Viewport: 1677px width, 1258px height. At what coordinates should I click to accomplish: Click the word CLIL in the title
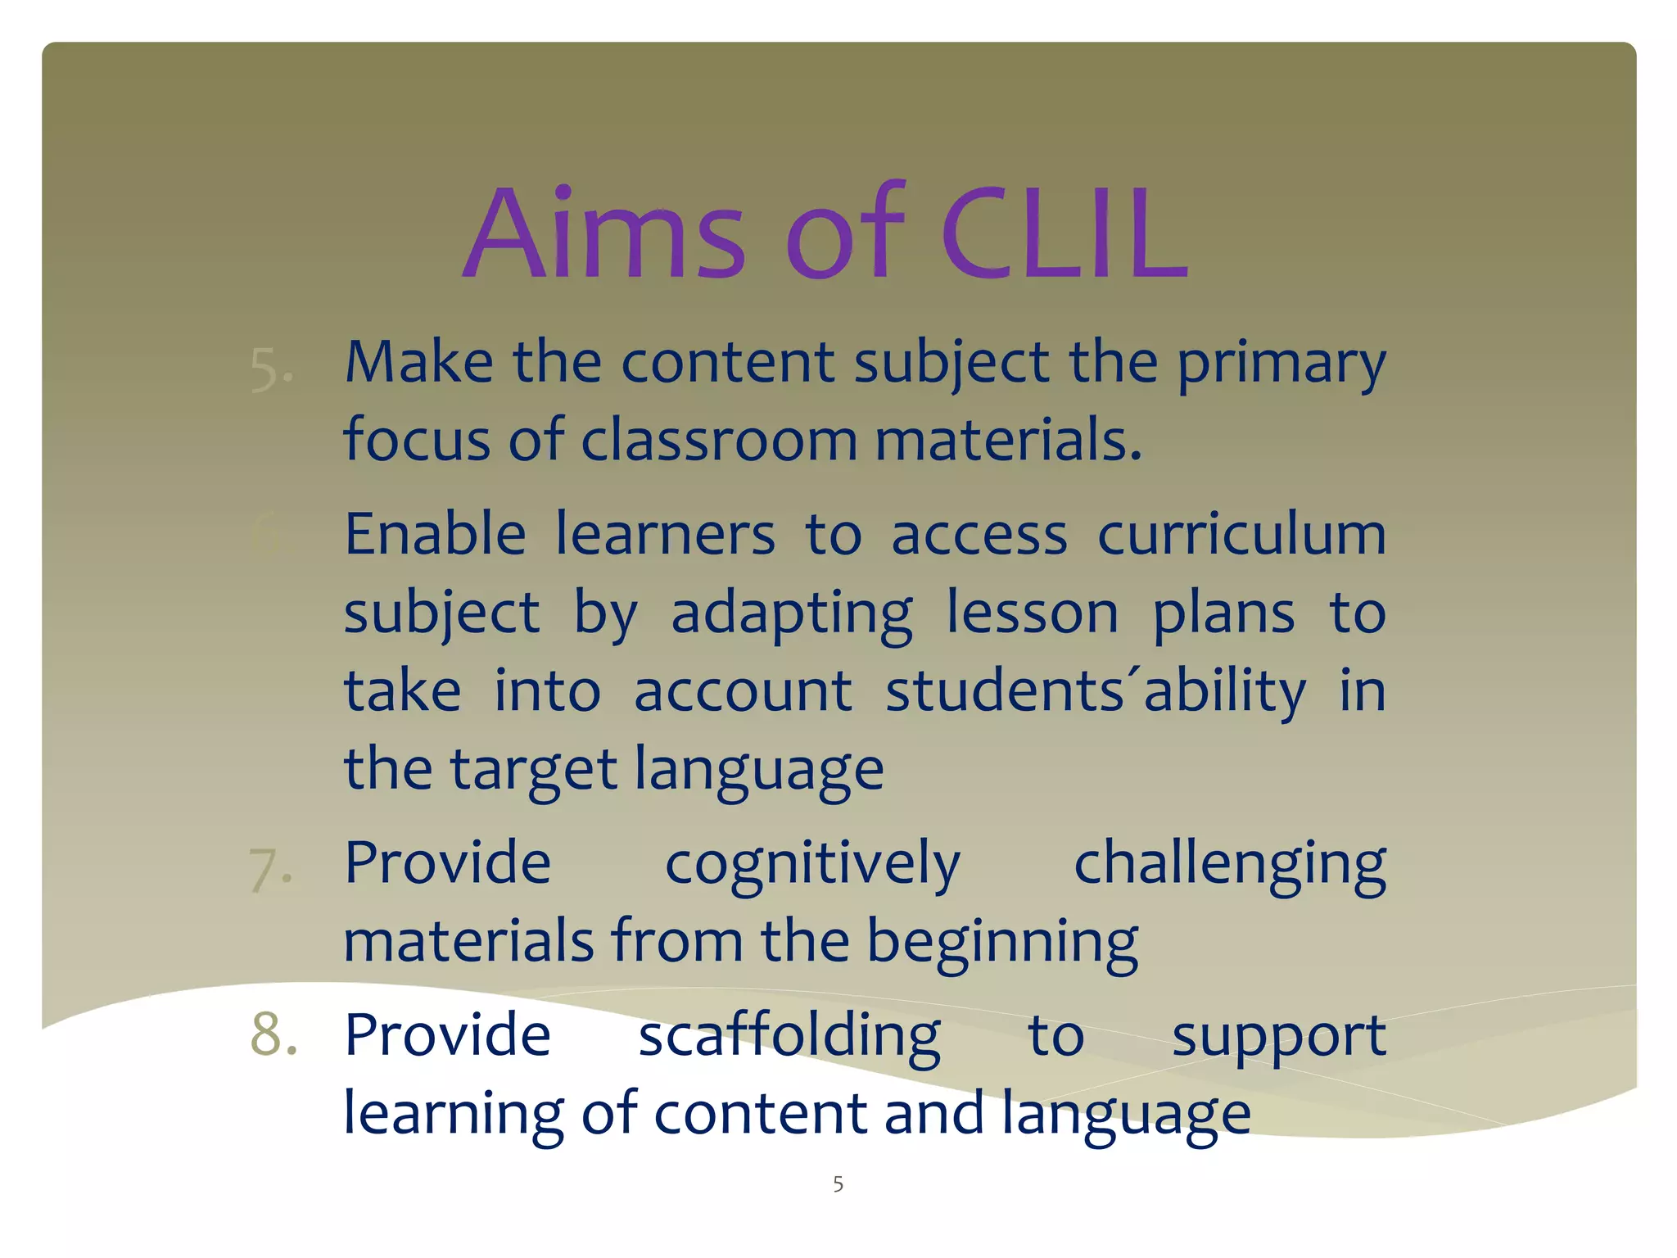(1065, 233)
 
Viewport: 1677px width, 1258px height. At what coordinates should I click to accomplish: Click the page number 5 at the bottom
(838, 1183)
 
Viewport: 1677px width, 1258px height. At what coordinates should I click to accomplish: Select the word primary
(1281, 364)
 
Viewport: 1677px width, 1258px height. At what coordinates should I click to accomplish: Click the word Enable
(435, 534)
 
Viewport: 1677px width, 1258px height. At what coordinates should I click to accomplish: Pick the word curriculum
(1241, 534)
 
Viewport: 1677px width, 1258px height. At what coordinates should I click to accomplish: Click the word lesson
(1032, 613)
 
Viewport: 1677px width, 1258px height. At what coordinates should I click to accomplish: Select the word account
(743, 690)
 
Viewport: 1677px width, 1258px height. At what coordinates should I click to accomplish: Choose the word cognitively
(812, 864)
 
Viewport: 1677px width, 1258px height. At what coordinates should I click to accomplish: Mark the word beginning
(1002, 942)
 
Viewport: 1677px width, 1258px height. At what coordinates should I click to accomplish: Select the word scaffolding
(789, 1035)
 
